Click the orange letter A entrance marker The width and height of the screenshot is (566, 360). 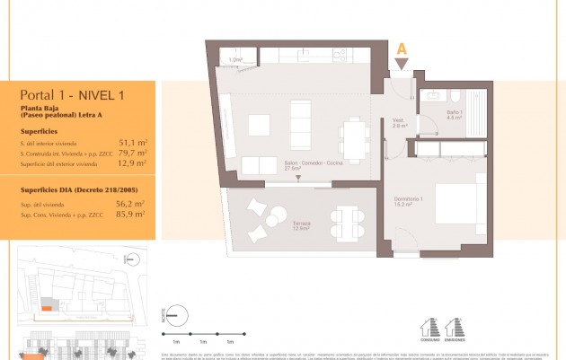pyautogui.click(x=402, y=49)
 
